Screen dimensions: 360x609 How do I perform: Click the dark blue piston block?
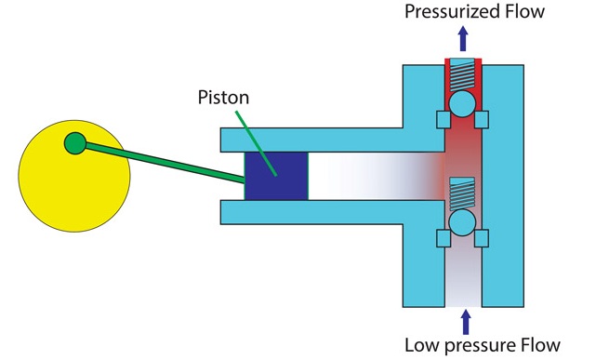click(276, 176)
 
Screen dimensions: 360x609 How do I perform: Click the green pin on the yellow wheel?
click(74, 143)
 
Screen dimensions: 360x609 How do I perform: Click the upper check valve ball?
click(462, 103)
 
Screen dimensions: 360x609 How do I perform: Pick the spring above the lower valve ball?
click(462, 193)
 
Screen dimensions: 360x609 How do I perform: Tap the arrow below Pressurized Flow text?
click(462, 39)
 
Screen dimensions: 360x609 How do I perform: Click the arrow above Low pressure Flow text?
click(462, 321)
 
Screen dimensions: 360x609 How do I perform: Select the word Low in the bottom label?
click(422, 346)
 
